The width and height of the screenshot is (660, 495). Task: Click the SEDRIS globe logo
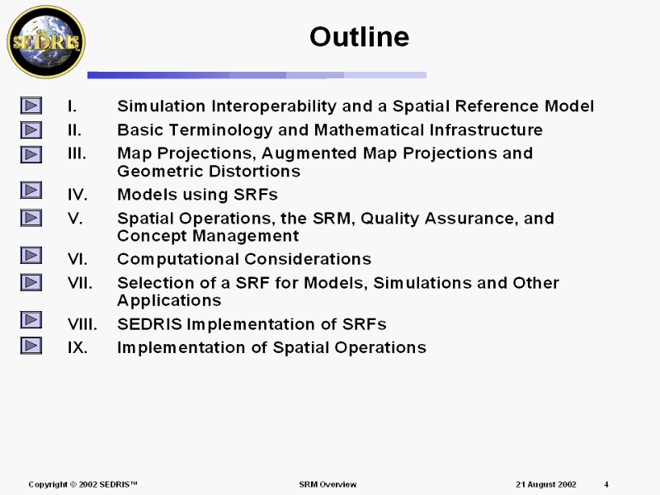pyautogui.click(x=46, y=42)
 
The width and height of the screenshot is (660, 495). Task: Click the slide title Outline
pyautogui.click(x=360, y=36)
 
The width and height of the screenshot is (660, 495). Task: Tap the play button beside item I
pyautogui.click(x=31, y=106)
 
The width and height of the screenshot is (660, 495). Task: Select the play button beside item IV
pyautogui.click(x=31, y=191)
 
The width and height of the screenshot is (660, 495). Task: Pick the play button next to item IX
pyautogui.click(x=31, y=346)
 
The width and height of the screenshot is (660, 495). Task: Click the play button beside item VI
pyautogui.click(x=31, y=256)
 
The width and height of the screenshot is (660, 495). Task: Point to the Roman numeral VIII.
pyautogui.click(x=82, y=324)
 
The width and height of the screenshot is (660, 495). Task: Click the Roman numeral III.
pyautogui.click(x=77, y=153)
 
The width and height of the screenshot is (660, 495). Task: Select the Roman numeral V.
pyautogui.click(x=75, y=219)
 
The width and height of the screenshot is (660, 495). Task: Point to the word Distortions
pyautogui.click(x=255, y=172)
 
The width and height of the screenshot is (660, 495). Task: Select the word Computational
pyautogui.click(x=178, y=260)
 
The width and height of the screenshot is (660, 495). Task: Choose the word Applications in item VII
pyautogui.click(x=169, y=301)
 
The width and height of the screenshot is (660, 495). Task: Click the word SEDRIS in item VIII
pyautogui.click(x=149, y=324)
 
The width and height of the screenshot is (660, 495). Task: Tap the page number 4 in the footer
pyautogui.click(x=606, y=484)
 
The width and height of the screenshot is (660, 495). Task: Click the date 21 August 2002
pyautogui.click(x=546, y=484)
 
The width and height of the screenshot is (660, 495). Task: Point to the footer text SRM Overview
pyautogui.click(x=328, y=484)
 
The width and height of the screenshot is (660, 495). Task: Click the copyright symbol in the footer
pyautogui.click(x=73, y=484)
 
